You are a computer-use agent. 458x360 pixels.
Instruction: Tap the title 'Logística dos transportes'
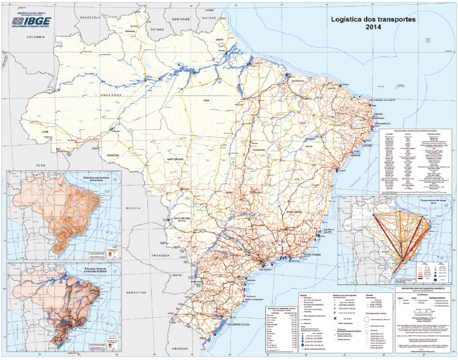(372, 19)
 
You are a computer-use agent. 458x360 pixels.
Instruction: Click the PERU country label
(40, 164)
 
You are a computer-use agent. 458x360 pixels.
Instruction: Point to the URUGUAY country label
(196, 349)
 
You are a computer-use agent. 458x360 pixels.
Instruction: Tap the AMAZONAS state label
(112, 95)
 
